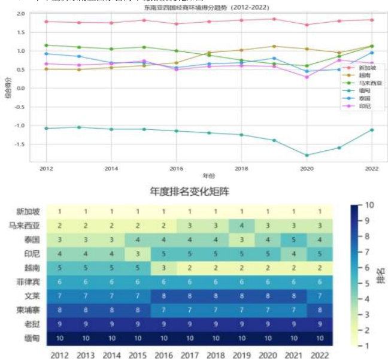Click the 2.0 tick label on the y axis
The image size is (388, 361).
(22, 13)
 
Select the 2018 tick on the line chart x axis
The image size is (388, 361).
(240, 168)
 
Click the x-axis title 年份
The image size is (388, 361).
(207, 176)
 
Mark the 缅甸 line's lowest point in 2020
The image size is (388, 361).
(307, 155)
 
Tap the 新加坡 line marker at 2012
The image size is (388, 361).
(46, 22)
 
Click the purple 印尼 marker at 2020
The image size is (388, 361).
(307, 77)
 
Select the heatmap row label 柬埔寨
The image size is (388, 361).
(28, 310)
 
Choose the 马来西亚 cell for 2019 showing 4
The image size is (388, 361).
(242, 225)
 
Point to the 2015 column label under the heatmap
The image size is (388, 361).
(138, 355)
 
